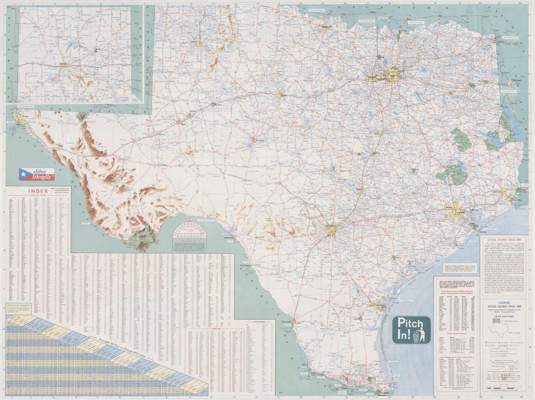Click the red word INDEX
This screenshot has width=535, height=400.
coord(37,191)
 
